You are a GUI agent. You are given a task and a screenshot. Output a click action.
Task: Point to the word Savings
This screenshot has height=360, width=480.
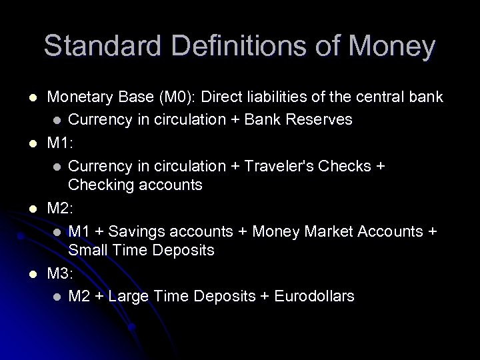136,231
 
